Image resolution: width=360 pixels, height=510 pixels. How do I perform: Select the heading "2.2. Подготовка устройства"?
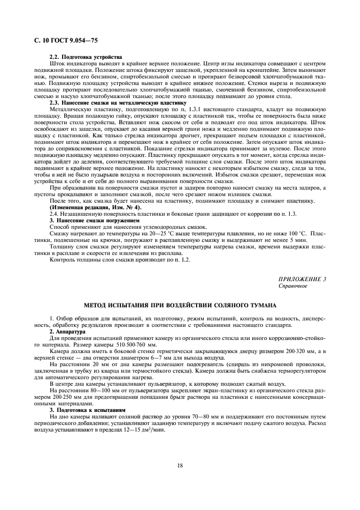point(86,57)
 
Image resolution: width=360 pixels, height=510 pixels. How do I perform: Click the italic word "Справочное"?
point(293,286)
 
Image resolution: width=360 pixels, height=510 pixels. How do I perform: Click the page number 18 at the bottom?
point(180,465)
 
